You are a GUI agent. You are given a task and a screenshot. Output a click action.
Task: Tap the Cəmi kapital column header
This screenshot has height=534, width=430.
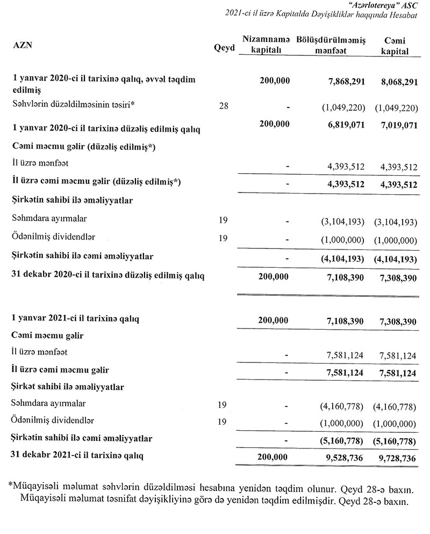[395, 45]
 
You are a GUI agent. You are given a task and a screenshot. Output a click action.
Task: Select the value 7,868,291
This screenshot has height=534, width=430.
[346, 81]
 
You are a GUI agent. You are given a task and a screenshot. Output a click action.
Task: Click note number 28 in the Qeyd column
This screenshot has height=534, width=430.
[224, 106]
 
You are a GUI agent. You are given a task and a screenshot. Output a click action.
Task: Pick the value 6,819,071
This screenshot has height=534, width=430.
[346, 125]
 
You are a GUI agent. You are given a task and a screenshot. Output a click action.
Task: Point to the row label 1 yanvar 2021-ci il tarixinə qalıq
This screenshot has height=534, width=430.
[76, 319]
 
